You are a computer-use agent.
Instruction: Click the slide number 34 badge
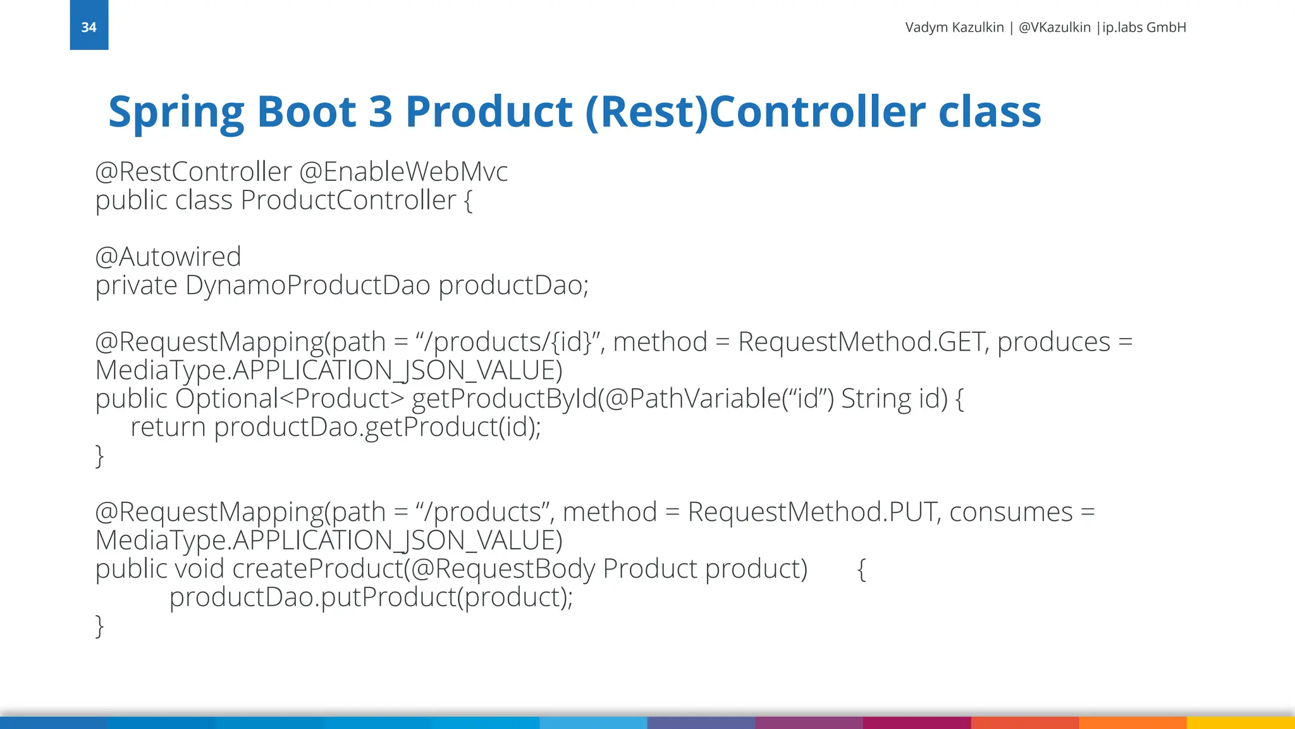pos(89,27)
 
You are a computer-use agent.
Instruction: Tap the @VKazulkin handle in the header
pos(1054,27)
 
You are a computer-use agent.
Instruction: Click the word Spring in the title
pos(176,112)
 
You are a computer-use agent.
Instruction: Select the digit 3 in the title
pos(380,112)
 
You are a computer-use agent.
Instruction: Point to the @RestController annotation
pos(193,171)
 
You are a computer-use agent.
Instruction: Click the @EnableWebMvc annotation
pos(403,171)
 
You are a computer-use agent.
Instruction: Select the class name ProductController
pos(348,201)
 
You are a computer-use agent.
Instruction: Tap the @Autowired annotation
pos(168,257)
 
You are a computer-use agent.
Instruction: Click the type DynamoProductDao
pos(308,285)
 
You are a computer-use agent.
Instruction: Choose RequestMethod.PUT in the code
pos(811,512)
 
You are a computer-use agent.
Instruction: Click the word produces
pos(1053,342)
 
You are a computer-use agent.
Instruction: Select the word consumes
pos(1010,512)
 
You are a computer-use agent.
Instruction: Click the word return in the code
pos(168,427)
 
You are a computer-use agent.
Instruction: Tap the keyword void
pos(199,569)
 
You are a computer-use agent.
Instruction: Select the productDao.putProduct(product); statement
pos(371,597)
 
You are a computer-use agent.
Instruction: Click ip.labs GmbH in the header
pos(1144,27)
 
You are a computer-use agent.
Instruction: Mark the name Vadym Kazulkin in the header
pos(954,27)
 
